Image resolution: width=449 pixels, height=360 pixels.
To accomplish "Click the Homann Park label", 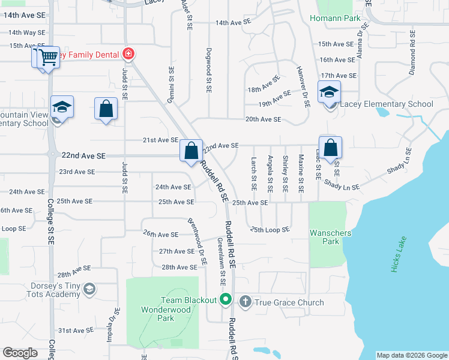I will (336, 19).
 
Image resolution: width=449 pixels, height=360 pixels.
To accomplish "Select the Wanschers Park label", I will (324, 237).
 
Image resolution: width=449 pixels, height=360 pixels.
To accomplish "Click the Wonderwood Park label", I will (166, 314).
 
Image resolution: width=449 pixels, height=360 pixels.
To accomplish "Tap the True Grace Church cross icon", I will (245, 301).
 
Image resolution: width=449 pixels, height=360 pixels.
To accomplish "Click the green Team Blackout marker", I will (226, 299).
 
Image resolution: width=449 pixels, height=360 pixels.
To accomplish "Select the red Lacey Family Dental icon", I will (128, 55).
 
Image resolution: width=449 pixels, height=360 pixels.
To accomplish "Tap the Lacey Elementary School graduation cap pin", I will (329, 93).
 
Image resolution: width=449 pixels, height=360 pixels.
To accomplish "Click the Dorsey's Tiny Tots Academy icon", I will (89, 290).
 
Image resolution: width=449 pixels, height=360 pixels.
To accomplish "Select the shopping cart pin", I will (48, 58).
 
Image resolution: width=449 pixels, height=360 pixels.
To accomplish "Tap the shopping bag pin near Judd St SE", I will (106, 109).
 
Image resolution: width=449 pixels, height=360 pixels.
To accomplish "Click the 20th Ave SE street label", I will (262, 119).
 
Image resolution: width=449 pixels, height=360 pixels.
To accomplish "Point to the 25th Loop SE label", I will (270, 230).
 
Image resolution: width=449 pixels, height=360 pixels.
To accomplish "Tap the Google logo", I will (20, 353).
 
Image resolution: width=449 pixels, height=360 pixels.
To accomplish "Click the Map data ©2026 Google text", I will (411, 355).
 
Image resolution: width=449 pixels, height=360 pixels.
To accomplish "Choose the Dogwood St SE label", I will (208, 70).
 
